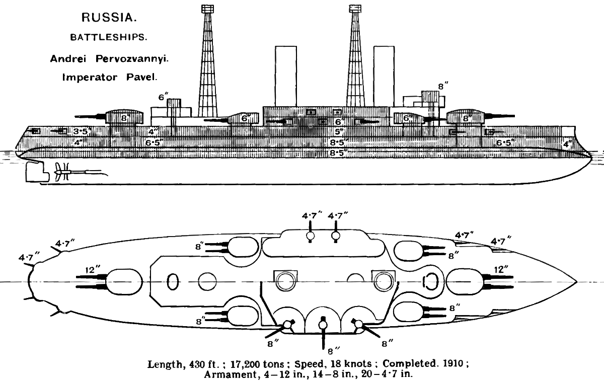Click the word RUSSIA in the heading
[109, 18]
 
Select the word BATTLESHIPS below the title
[109, 37]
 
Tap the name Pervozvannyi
[132, 59]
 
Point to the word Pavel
[141, 78]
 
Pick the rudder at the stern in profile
[37, 172]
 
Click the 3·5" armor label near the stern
[81, 131]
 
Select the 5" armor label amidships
[338, 131]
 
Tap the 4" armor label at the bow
[567, 144]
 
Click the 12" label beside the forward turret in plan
[501, 270]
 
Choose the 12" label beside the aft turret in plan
[93, 270]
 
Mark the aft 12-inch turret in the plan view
[124, 282]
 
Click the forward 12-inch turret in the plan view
[464, 282]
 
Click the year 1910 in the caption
[454, 364]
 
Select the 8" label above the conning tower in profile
[443, 87]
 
